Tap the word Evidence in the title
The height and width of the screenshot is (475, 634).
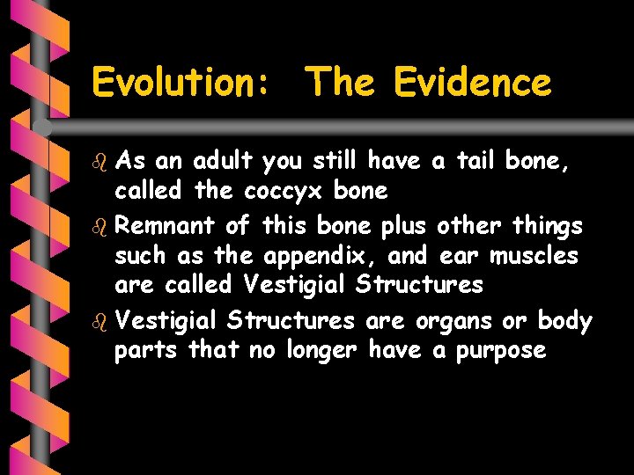pos(472,84)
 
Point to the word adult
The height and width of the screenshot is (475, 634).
pos(222,161)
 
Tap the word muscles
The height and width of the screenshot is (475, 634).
pos(534,256)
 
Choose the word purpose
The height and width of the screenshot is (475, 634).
pos(501,350)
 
